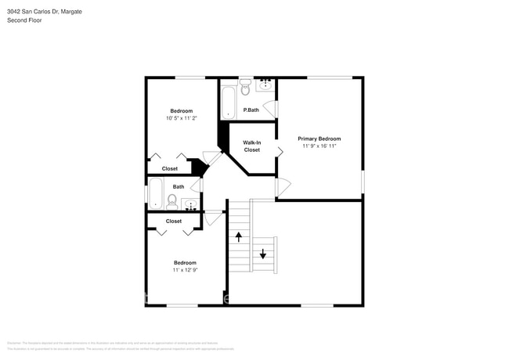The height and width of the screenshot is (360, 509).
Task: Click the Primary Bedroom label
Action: coord(319,139)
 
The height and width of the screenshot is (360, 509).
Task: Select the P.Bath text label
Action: coord(251,110)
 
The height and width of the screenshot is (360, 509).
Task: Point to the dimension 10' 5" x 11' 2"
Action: coord(181,118)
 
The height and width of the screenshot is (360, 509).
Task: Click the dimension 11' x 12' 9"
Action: coord(185,270)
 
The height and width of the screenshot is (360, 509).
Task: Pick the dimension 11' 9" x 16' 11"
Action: coord(319,146)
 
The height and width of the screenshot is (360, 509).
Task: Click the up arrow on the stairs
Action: coord(239,236)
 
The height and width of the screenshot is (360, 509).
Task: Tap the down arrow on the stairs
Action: coord(263,254)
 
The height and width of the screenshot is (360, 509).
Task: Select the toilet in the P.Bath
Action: coord(245,85)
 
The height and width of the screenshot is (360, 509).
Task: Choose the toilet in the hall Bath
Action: coord(172,201)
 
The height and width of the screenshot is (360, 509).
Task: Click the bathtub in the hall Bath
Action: coord(155,193)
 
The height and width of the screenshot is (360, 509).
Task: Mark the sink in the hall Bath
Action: coord(190,205)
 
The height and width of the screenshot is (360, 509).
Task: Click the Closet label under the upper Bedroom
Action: coord(169,168)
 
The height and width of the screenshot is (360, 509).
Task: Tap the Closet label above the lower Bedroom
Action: coord(174,221)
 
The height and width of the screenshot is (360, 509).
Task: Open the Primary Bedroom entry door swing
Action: coord(283,188)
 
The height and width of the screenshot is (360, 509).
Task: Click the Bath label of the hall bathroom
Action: coord(179,186)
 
